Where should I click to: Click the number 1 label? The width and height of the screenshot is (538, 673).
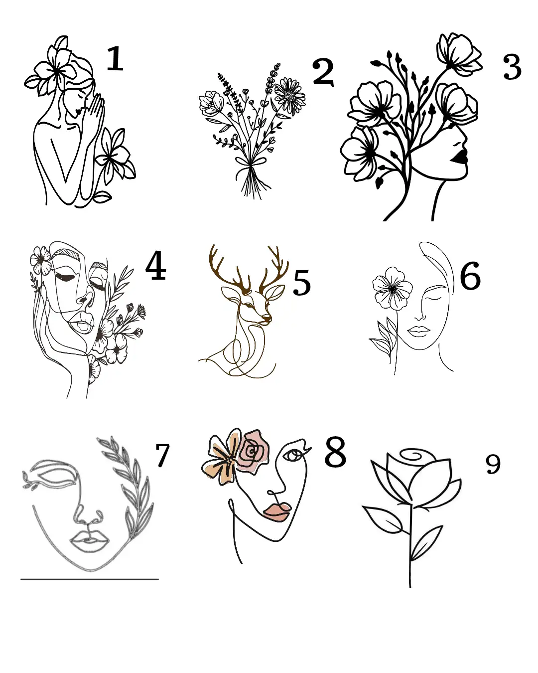pyautogui.click(x=115, y=59)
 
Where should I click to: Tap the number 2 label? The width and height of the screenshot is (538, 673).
pyautogui.click(x=323, y=72)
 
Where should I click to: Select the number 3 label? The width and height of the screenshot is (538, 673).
pyautogui.click(x=512, y=67)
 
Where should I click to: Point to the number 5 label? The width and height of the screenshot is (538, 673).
pyautogui.click(x=301, y=283)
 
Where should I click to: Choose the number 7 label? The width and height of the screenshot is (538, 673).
pyautogui.click(x=162, y=455)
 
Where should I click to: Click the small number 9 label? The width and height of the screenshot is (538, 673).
pyautogui.click(x=493, y=464)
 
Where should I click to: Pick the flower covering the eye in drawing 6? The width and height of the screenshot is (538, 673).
pyautogui.click(x=393, y=288)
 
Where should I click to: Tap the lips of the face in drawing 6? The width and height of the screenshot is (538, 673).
pyautogui.click(x=418, y=330)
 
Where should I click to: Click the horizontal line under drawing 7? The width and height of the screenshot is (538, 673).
pyautogui.click(x=90, y=579)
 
